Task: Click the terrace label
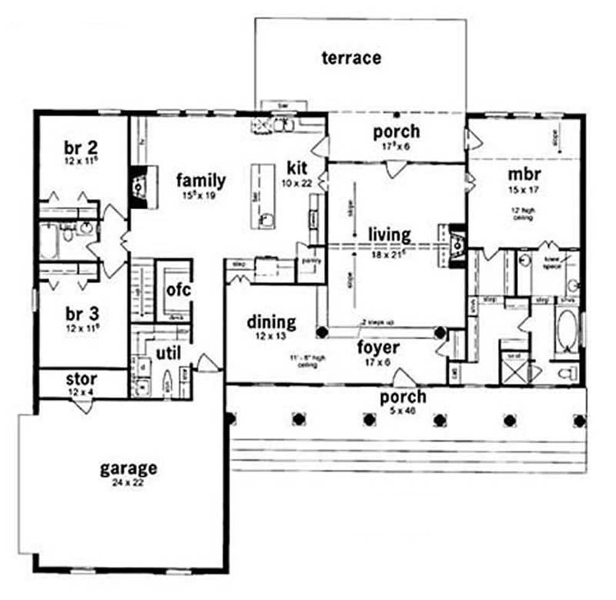pyautogui.click(x=351, y=58)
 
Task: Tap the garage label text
pyautogui.click(x=128, y=468)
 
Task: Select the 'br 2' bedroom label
pyautogui.click(x=82, y=148)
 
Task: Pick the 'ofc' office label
pyautogui.click(x=179, y=289)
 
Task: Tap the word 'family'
pyautogui.click(x=201, y=180)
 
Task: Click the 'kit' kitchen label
pyautogui.click(x=297, y=167)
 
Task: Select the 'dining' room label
pyautogui.click(x=271, y=322)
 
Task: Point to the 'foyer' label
pyautogui.click(x=378, y=348)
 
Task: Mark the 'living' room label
pyautogui.click(x=389, y=234)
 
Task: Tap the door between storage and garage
pyautogui.click(x=83, y=406)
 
